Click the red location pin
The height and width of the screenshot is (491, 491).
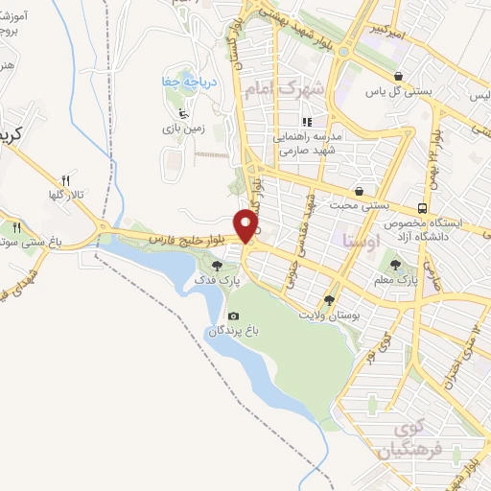pyautogui.click(x=248, y=226)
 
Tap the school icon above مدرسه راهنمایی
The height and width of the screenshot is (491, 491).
pyautogui.click(x=308, y=122)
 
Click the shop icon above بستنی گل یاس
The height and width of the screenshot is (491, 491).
pyautogui.click(x=397, y=76)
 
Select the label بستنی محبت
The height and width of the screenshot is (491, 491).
pyautogui.click(x=358, y=205)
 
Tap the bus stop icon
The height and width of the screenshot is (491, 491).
pyautogui.click(x=422, y=207)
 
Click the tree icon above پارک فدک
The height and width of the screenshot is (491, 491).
pyautogui.click(x=219, y=266)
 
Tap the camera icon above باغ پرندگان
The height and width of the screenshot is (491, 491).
pyautogui.click(x=233, y=316)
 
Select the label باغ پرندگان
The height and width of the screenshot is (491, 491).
pyautogui.click(x=234, y=331)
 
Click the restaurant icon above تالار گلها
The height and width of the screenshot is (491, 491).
pyautogui.click(x=66, y=179)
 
